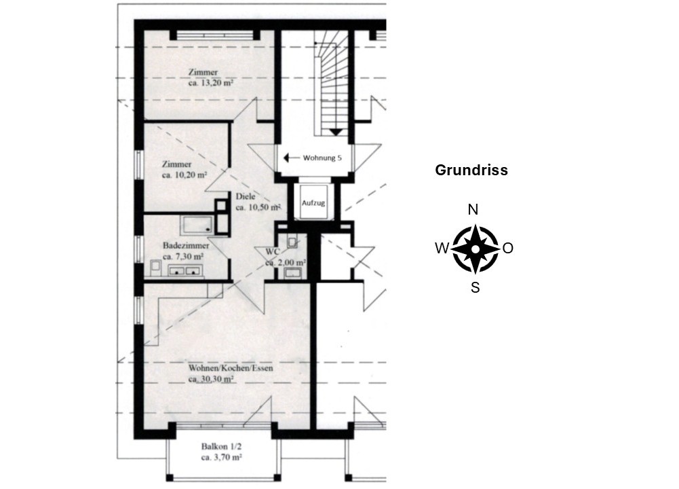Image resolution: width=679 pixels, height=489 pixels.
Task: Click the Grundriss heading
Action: point(471,170)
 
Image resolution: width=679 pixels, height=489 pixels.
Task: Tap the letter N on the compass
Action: point(473,210)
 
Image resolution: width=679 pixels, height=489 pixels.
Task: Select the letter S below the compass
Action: point(475,287)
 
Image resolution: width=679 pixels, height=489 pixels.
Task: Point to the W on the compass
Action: point(442,249)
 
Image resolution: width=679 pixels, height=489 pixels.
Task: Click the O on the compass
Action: point(508,248)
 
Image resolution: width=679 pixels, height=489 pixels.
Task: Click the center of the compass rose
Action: point(475,249)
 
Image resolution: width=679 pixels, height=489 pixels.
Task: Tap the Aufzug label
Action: point(313,203)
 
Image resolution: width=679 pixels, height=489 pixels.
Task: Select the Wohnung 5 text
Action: point(322,158)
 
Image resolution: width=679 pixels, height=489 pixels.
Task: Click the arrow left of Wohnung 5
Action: point(291,158)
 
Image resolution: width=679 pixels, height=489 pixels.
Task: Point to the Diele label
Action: point(246,197)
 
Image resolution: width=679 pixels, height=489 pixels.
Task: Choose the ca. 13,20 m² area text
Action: point(211,83)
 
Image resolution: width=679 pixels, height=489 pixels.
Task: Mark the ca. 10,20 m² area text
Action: point(185,175)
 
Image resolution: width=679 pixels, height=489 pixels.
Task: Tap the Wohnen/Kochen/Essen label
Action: point(231,369)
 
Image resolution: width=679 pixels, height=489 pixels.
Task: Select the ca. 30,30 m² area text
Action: point(212,380)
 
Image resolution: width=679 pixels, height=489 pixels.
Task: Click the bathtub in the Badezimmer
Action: point(197,225)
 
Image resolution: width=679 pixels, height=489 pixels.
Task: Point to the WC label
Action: point(273,251)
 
